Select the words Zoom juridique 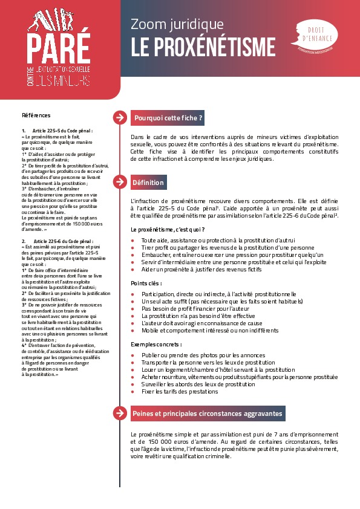pyautogui.click(x=177, y=24)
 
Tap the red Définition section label pyautogui.click(x=148, y=182)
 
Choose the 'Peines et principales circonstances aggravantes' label pyautogui.click(x=206, y=413)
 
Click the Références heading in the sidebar pyautogui.click(x=36, y=115)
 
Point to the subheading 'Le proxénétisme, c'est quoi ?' pyautogui.click(x=168, y=230)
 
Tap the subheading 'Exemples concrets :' pyautogui.click(x=155, y=343)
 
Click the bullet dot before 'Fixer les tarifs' pyautogui.click(x=133, y=392)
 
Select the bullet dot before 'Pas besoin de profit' pyautogui.click(x=133, y=308)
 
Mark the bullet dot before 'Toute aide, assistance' pyautogui.click(x=133, y=240)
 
